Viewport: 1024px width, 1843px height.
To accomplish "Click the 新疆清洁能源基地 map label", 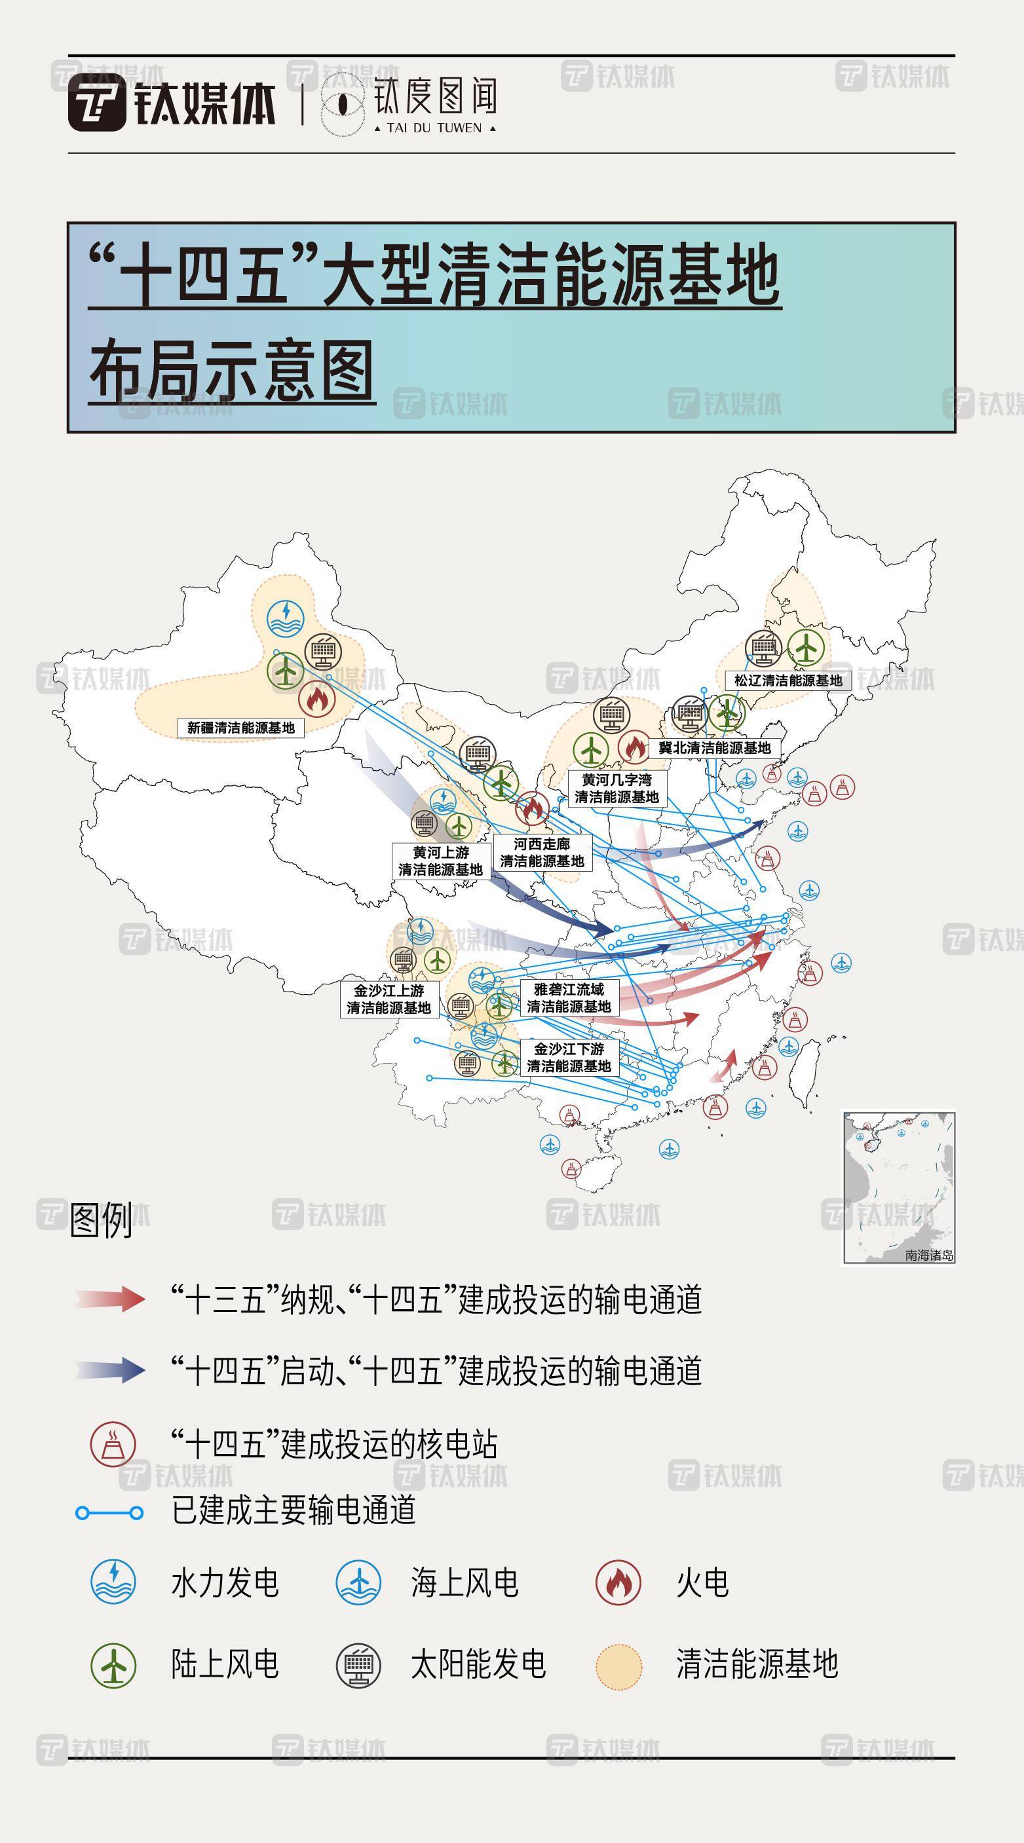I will tap(240, 728).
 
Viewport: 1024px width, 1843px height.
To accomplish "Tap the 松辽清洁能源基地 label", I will tap(788, 680).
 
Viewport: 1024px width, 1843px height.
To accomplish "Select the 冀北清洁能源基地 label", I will tap(714, 748).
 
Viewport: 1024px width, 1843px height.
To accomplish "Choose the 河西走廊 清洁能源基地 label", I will tap(542, 853).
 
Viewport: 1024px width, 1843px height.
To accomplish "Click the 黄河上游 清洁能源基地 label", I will tap(440, 861).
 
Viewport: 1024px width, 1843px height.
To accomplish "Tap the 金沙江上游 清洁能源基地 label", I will tap(389, 999).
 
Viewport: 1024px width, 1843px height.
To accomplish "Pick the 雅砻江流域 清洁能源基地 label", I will tap(569, 997).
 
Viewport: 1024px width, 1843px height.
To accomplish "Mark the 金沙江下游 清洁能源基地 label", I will tap(569, 1058).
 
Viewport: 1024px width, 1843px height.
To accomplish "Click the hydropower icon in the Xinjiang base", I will tap(286, 618).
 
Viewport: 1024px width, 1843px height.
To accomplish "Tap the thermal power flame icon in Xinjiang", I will tap(316, 699).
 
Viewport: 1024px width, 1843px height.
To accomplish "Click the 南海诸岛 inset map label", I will tap(928, 1255).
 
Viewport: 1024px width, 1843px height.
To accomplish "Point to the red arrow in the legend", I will tap(111, 1299).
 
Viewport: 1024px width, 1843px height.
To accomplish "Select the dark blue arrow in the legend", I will tap(111, 1370).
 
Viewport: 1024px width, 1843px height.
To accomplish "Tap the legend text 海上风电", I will tap(465, 1582).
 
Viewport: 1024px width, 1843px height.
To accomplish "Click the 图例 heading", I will tap(101, 1220).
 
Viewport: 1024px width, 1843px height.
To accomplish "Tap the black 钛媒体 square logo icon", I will tap(96, 102).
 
